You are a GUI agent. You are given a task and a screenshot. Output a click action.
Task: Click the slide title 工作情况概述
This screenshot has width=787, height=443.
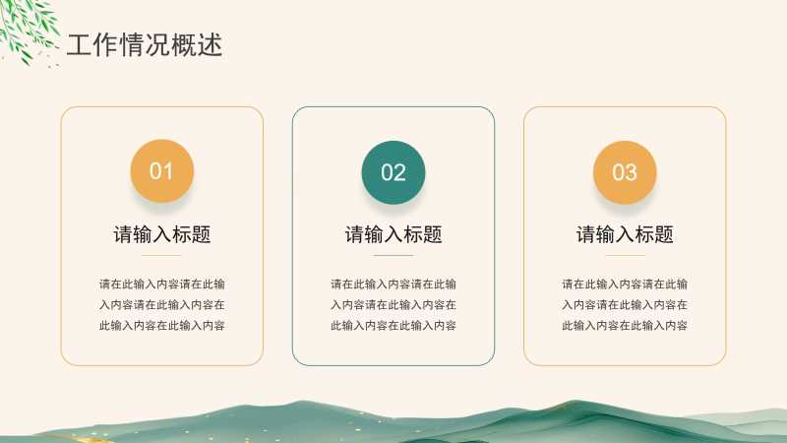tap(145, 44)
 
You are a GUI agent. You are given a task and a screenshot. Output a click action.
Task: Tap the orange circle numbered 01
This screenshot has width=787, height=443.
tap(161, 170)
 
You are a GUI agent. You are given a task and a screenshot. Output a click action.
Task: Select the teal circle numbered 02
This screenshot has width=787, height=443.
tap(393, 172)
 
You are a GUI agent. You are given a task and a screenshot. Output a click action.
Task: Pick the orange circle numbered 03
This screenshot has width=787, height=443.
tap(625, 172)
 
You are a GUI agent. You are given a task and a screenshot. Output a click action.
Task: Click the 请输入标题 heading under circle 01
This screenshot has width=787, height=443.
tap(161, 234)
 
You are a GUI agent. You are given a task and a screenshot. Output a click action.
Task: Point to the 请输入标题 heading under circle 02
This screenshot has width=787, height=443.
tap(393, 234)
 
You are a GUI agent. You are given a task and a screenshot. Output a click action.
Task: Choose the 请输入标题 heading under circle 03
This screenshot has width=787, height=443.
tap(625, 234)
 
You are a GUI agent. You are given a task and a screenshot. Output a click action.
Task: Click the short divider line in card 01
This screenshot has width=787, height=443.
tap(161, 255)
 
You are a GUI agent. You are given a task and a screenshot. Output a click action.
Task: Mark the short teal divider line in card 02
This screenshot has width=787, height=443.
tap(393, 255)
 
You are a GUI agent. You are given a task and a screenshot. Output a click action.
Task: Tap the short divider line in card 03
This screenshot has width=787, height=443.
tap(625, 255)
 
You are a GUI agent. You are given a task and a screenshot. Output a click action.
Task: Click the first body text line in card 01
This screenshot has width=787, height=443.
tap(161, 285)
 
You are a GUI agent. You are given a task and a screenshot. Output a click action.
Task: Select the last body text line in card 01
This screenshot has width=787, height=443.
tap(161, 326)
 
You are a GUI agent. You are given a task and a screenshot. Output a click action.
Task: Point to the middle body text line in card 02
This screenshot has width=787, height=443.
tap(393, 305)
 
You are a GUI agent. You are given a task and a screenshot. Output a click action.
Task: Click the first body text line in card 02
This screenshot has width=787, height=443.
tap(393, 285)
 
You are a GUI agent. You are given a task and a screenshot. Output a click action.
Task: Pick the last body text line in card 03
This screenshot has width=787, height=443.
tap(625, 326)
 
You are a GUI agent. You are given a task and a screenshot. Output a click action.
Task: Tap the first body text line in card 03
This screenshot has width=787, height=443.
tap(625, 285)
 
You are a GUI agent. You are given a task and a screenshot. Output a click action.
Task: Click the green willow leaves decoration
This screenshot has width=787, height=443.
tap(27, 30)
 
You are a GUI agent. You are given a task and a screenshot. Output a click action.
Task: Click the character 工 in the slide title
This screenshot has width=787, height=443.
tap(79, 45)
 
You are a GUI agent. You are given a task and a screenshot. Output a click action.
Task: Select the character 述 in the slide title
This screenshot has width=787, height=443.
tap(210, 45)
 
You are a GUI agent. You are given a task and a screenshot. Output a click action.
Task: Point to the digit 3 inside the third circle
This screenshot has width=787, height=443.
tap(632, 173)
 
